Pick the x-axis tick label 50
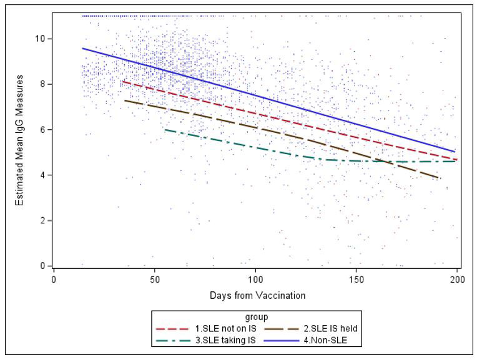pyautogui.click(x=155, y=278)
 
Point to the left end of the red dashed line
pyautogui.click(x=122, y=81)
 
